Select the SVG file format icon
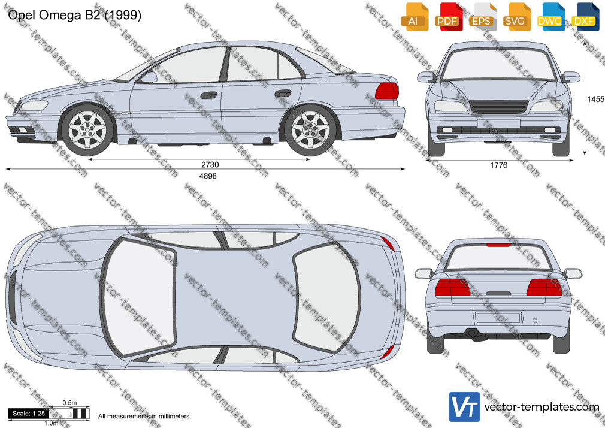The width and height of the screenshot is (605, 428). pyautogui.click(x=516, y=17)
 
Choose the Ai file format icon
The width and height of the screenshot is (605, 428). pyautogui.click(x=415, y=17)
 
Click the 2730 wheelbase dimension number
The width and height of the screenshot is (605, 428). pyautogui.click(x=210, y=165)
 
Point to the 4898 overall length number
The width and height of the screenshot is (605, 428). pyautogui.click(x=208, y=176)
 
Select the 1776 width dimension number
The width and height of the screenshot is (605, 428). pyautogui.click(x=498, y=165)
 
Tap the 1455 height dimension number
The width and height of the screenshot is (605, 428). pyautogui.click(x=596, y=100)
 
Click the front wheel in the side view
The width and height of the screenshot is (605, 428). pyautogui.click(x=87, y=130)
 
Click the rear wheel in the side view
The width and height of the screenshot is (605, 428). pyautogui.click(x=310, y=130)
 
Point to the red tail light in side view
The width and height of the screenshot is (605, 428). pyautogui.click(x=386, y=91)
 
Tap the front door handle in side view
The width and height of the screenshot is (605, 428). pyautogui.click(x=208, y=95)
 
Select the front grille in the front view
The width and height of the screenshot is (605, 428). pyautogui.click(x=498, y=107)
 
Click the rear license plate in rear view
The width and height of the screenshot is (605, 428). pyautogui.click(x=498, y=318)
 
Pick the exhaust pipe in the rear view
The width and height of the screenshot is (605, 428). pyautogui.click(x=471, y=333)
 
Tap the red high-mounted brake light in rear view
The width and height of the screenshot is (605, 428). pyautogui.click(x=498, y=245)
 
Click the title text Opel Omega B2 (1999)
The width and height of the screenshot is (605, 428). pyautogui.click(x=74, y=15)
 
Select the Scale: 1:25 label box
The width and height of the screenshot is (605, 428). pyautogui.click(x=29, y=414)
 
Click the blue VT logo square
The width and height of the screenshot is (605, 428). pyautogui.click(x=465, y=407)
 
